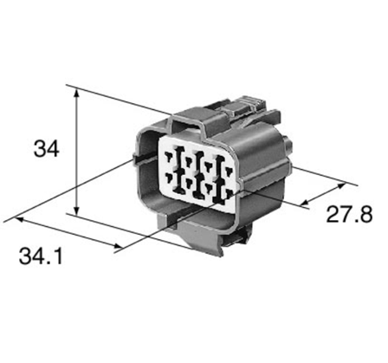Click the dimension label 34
[x=44, y=149]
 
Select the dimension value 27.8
[x=345, y=214]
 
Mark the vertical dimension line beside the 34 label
[x=80, y=152]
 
